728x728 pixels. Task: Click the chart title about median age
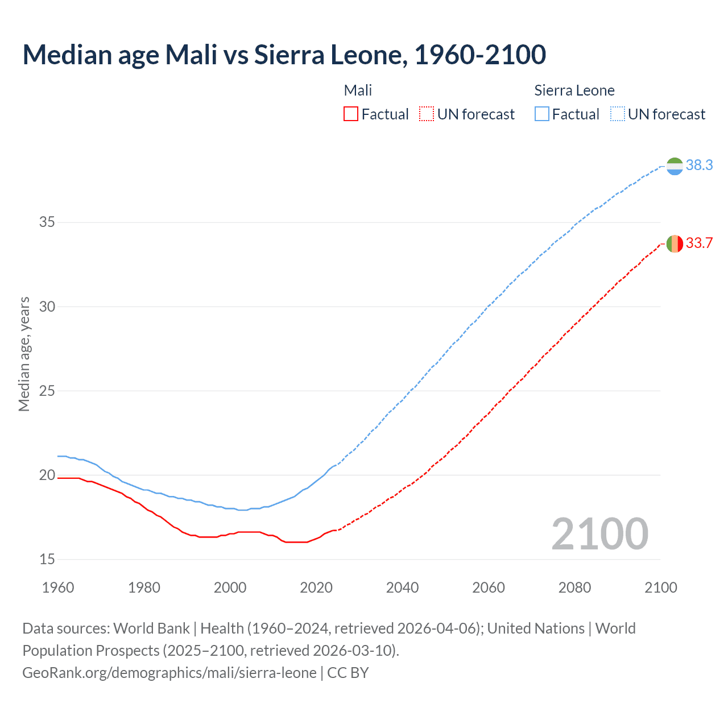284,55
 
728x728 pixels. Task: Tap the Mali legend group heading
358,90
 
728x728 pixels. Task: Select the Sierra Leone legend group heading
574,90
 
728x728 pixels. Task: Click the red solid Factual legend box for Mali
351,114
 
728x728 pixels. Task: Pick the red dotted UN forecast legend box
427,114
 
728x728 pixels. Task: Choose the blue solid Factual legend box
542,114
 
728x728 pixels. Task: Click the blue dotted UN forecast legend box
618,114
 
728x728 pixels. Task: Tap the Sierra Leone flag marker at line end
675,166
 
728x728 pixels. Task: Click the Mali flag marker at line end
675,243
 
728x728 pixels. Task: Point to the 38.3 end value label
699,166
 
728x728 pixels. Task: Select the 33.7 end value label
699,243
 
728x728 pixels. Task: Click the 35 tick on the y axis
47,222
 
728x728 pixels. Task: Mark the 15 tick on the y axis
47,560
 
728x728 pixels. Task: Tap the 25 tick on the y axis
47,391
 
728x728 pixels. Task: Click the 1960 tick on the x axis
58,588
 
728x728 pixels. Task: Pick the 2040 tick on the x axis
402,588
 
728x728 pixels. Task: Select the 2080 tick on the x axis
574,588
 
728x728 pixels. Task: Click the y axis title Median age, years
24,354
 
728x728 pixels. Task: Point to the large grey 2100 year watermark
599,534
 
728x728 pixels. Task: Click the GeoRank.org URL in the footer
169,673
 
